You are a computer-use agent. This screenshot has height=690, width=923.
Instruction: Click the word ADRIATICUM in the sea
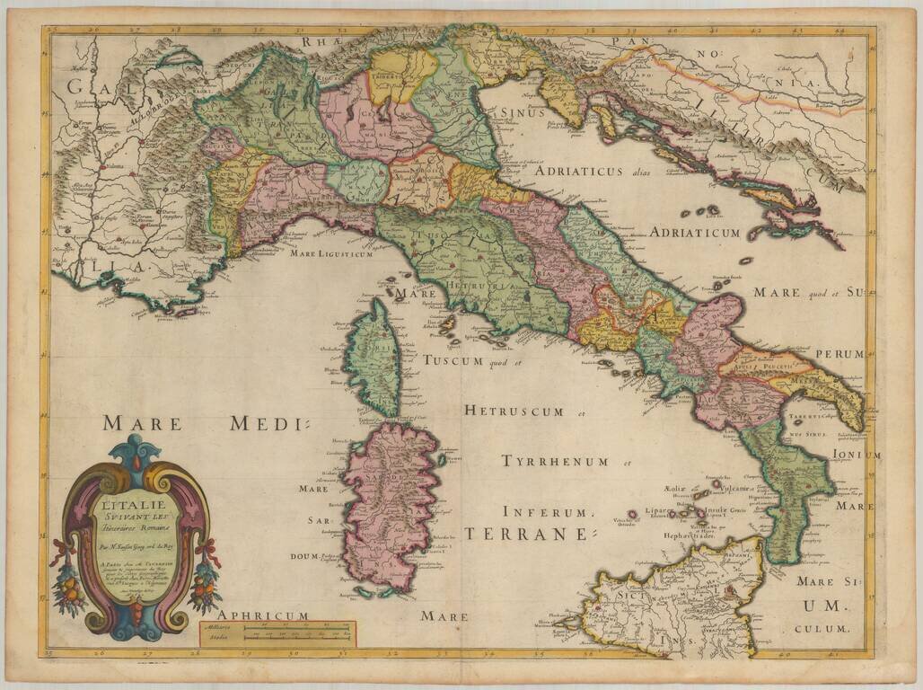(x=695, y=233)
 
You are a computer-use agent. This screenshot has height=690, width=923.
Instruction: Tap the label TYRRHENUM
(x=555, y=462)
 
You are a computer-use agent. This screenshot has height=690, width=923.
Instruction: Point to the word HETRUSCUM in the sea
(x=514, y=411)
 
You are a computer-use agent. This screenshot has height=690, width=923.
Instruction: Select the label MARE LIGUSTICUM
(x=330, y=254)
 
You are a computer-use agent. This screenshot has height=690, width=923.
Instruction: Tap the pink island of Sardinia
(x=391, y=503)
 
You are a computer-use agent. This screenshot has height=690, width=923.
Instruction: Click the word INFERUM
(x=548, y=513)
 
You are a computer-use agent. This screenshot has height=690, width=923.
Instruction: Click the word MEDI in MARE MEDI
(x=268, y=423)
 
